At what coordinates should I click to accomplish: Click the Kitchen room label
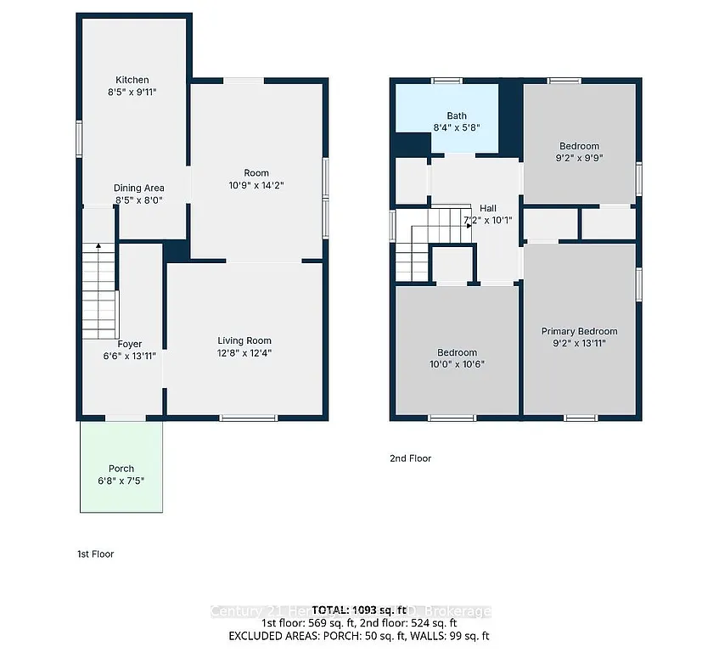coord(132,80)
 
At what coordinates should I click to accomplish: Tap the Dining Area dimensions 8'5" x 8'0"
coord(138,200)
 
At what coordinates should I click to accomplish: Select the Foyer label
coord(129,344)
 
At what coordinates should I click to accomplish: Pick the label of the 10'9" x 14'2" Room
coord(256,173)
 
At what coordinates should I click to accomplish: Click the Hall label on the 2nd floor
coord(487,208)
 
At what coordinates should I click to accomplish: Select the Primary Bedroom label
coord(579,331)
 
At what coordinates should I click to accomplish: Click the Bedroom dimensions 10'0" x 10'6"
coord(457,364)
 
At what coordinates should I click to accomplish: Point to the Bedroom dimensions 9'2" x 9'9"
coord(579,157)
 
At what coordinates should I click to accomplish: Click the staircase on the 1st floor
coord(98,289)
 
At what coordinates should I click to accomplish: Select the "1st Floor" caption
coord(95,554)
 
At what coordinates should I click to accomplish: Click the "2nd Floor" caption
coord(411,458)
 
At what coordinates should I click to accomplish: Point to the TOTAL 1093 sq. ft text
coord(351,610)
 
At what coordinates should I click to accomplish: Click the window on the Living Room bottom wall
coord(248,418)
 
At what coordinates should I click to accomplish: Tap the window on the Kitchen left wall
coord(79,138)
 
